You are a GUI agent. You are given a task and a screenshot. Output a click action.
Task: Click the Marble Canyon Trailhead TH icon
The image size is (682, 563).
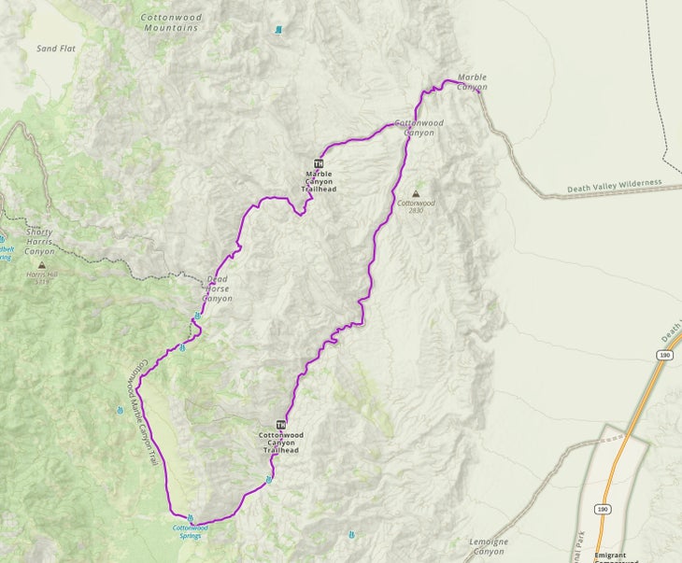pos(318,163)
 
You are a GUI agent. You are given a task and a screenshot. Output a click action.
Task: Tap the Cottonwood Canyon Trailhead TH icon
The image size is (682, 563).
pos(280,425)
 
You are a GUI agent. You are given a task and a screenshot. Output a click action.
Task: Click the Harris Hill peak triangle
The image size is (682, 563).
pos(41,266)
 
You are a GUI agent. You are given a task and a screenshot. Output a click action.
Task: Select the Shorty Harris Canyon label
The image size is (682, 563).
pos(39,242)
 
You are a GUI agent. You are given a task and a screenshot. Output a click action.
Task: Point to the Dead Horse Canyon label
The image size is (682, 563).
pos(218,288)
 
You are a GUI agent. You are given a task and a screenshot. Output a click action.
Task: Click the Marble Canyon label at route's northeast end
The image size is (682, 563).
pos(472,83)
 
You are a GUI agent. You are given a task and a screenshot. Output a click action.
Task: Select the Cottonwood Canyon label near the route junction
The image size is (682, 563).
pos(418,128)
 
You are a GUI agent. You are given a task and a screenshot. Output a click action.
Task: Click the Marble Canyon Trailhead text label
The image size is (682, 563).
pos(318,181)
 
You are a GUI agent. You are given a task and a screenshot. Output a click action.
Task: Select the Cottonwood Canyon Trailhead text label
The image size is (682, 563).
pos(280,443)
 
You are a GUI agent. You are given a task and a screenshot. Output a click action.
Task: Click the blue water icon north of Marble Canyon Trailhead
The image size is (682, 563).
pos(277,30)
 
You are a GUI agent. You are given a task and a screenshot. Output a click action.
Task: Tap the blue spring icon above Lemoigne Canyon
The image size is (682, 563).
pos(350,536)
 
